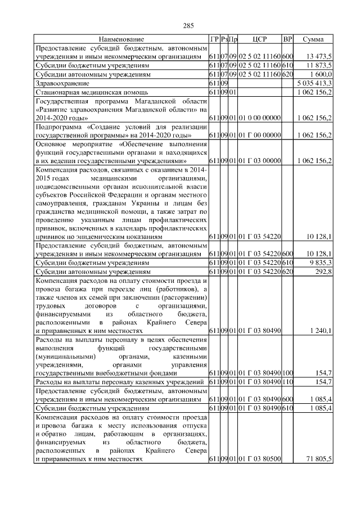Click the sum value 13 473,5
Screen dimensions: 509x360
(x=319, y=57)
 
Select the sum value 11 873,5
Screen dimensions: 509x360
(x=319, y=65)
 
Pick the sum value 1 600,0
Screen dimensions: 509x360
(x=321, y=74)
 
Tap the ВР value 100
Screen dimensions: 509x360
(x=287, y=373)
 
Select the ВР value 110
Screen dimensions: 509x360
(x=287, y=382)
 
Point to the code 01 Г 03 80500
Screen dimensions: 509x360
(x=259, y=459)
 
